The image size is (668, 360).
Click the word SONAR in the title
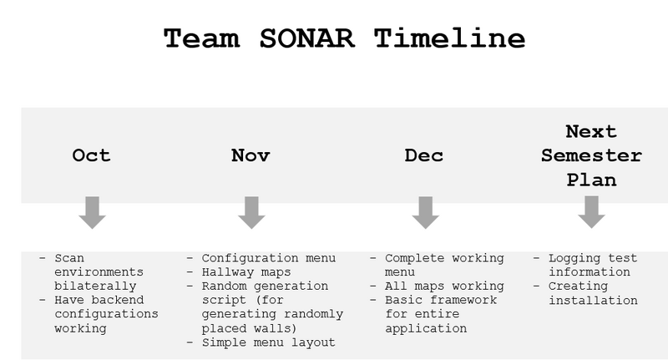point(306,38)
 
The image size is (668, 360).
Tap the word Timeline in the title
point(449,38)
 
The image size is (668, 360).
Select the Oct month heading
point(91,155)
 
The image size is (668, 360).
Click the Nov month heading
point(250,155)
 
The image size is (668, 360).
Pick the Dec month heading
point(424,155)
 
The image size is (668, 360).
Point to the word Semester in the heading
point(591,155)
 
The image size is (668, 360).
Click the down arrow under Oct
point(93,213)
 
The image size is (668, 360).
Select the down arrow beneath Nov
point(252,213)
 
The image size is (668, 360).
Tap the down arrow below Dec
point(426,213)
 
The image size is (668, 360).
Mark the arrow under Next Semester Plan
point(592,212)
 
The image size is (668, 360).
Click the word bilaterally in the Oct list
point(95,286)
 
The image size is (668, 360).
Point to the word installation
point(593,301)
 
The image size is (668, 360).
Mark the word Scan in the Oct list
point(69,258)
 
